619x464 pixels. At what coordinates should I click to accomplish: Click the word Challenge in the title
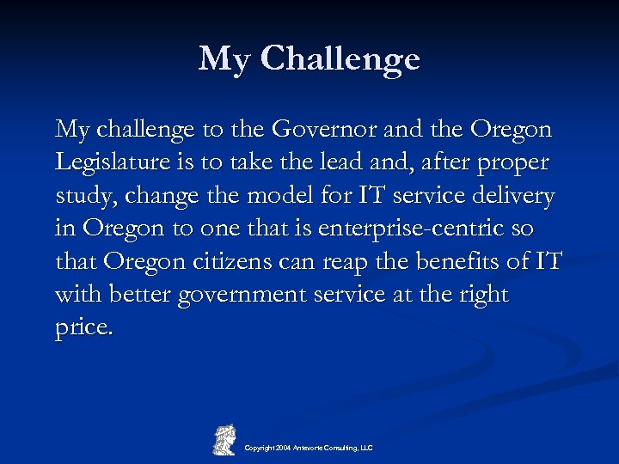click(340, 59)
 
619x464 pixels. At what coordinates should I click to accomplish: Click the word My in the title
click(225, 59)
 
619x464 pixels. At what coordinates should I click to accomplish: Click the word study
click(87, 197)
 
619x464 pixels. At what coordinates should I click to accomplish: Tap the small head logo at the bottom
click(224, 439)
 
